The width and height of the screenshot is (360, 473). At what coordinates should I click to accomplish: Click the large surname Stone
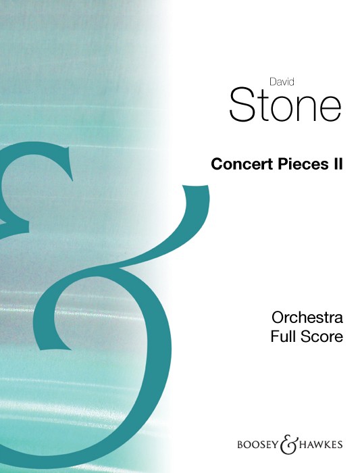pyautogui.click(x=285, y=104)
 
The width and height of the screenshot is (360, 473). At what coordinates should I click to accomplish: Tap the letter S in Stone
pyautogui.click(x=241, y=104)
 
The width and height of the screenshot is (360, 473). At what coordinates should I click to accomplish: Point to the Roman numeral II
pyautogui.click(x=338, y=164)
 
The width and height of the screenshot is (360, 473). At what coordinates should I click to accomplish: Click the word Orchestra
pyautogui.click(x=307, y=318)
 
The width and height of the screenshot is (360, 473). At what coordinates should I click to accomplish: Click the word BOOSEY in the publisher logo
pyautogui.click(x=257, y=445)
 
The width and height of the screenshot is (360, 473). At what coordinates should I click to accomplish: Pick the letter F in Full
pyautogui.click(x=274, y=337)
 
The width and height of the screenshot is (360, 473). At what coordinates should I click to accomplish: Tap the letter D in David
pyautogui.click(x=273, y=82)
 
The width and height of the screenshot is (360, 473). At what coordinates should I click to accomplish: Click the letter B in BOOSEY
pyautogui.click(x=240, y=445)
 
